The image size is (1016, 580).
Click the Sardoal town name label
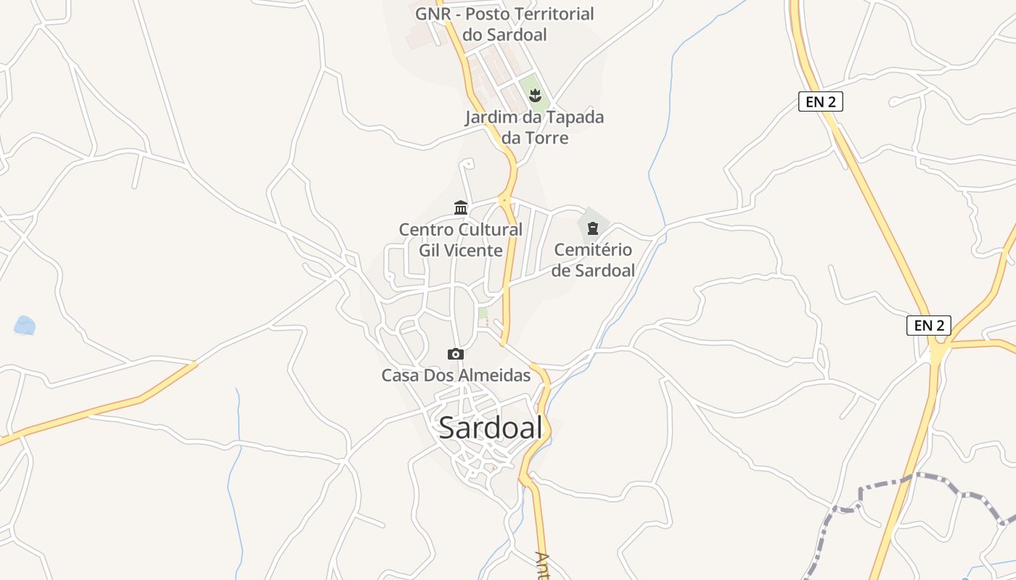[491, 428]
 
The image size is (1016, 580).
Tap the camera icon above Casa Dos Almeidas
[456, 354]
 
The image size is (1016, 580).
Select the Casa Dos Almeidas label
[456, 376]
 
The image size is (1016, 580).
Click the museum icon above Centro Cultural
[461, 208]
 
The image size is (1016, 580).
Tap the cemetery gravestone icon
[593, 229]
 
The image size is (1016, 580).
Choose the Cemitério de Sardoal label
[593, 260]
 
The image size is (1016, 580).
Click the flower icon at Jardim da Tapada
[535, 94]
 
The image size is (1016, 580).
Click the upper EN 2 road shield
[821, 101]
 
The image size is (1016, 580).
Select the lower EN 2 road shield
[929, 326]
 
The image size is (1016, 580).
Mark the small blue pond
[25, 326]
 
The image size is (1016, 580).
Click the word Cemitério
[593, 250]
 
